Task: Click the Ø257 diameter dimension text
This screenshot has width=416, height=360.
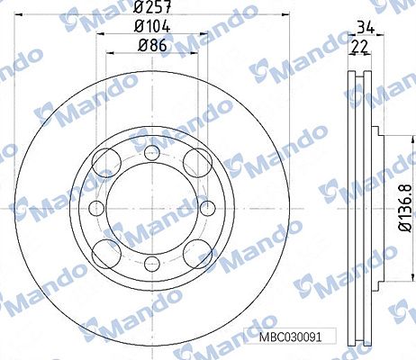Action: pyautogui.click(x=152, y=6)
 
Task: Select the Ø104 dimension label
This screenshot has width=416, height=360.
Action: pyautogui.click(x=152, y=26)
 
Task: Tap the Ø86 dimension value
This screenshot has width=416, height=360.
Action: pyautogui.click(x=152, y=46)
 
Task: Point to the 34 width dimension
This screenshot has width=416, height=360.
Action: pyautogui.click(x=366, y=27)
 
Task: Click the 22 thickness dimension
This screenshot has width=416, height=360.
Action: pyautogui.click(x=359, y=47)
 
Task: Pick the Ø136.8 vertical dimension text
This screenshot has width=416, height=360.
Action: pyautogui.click(x=405, y=208)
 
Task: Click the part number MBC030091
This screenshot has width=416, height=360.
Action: pyautogui.click(x=290, y=337)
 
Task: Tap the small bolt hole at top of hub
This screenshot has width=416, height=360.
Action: pyautogui.click(x=152, y=152)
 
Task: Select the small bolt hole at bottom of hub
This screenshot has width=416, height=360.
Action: pyautogui.click(x=152, y=264)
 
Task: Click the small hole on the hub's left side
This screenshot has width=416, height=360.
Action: pyautogui.click(x=96, y=208)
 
